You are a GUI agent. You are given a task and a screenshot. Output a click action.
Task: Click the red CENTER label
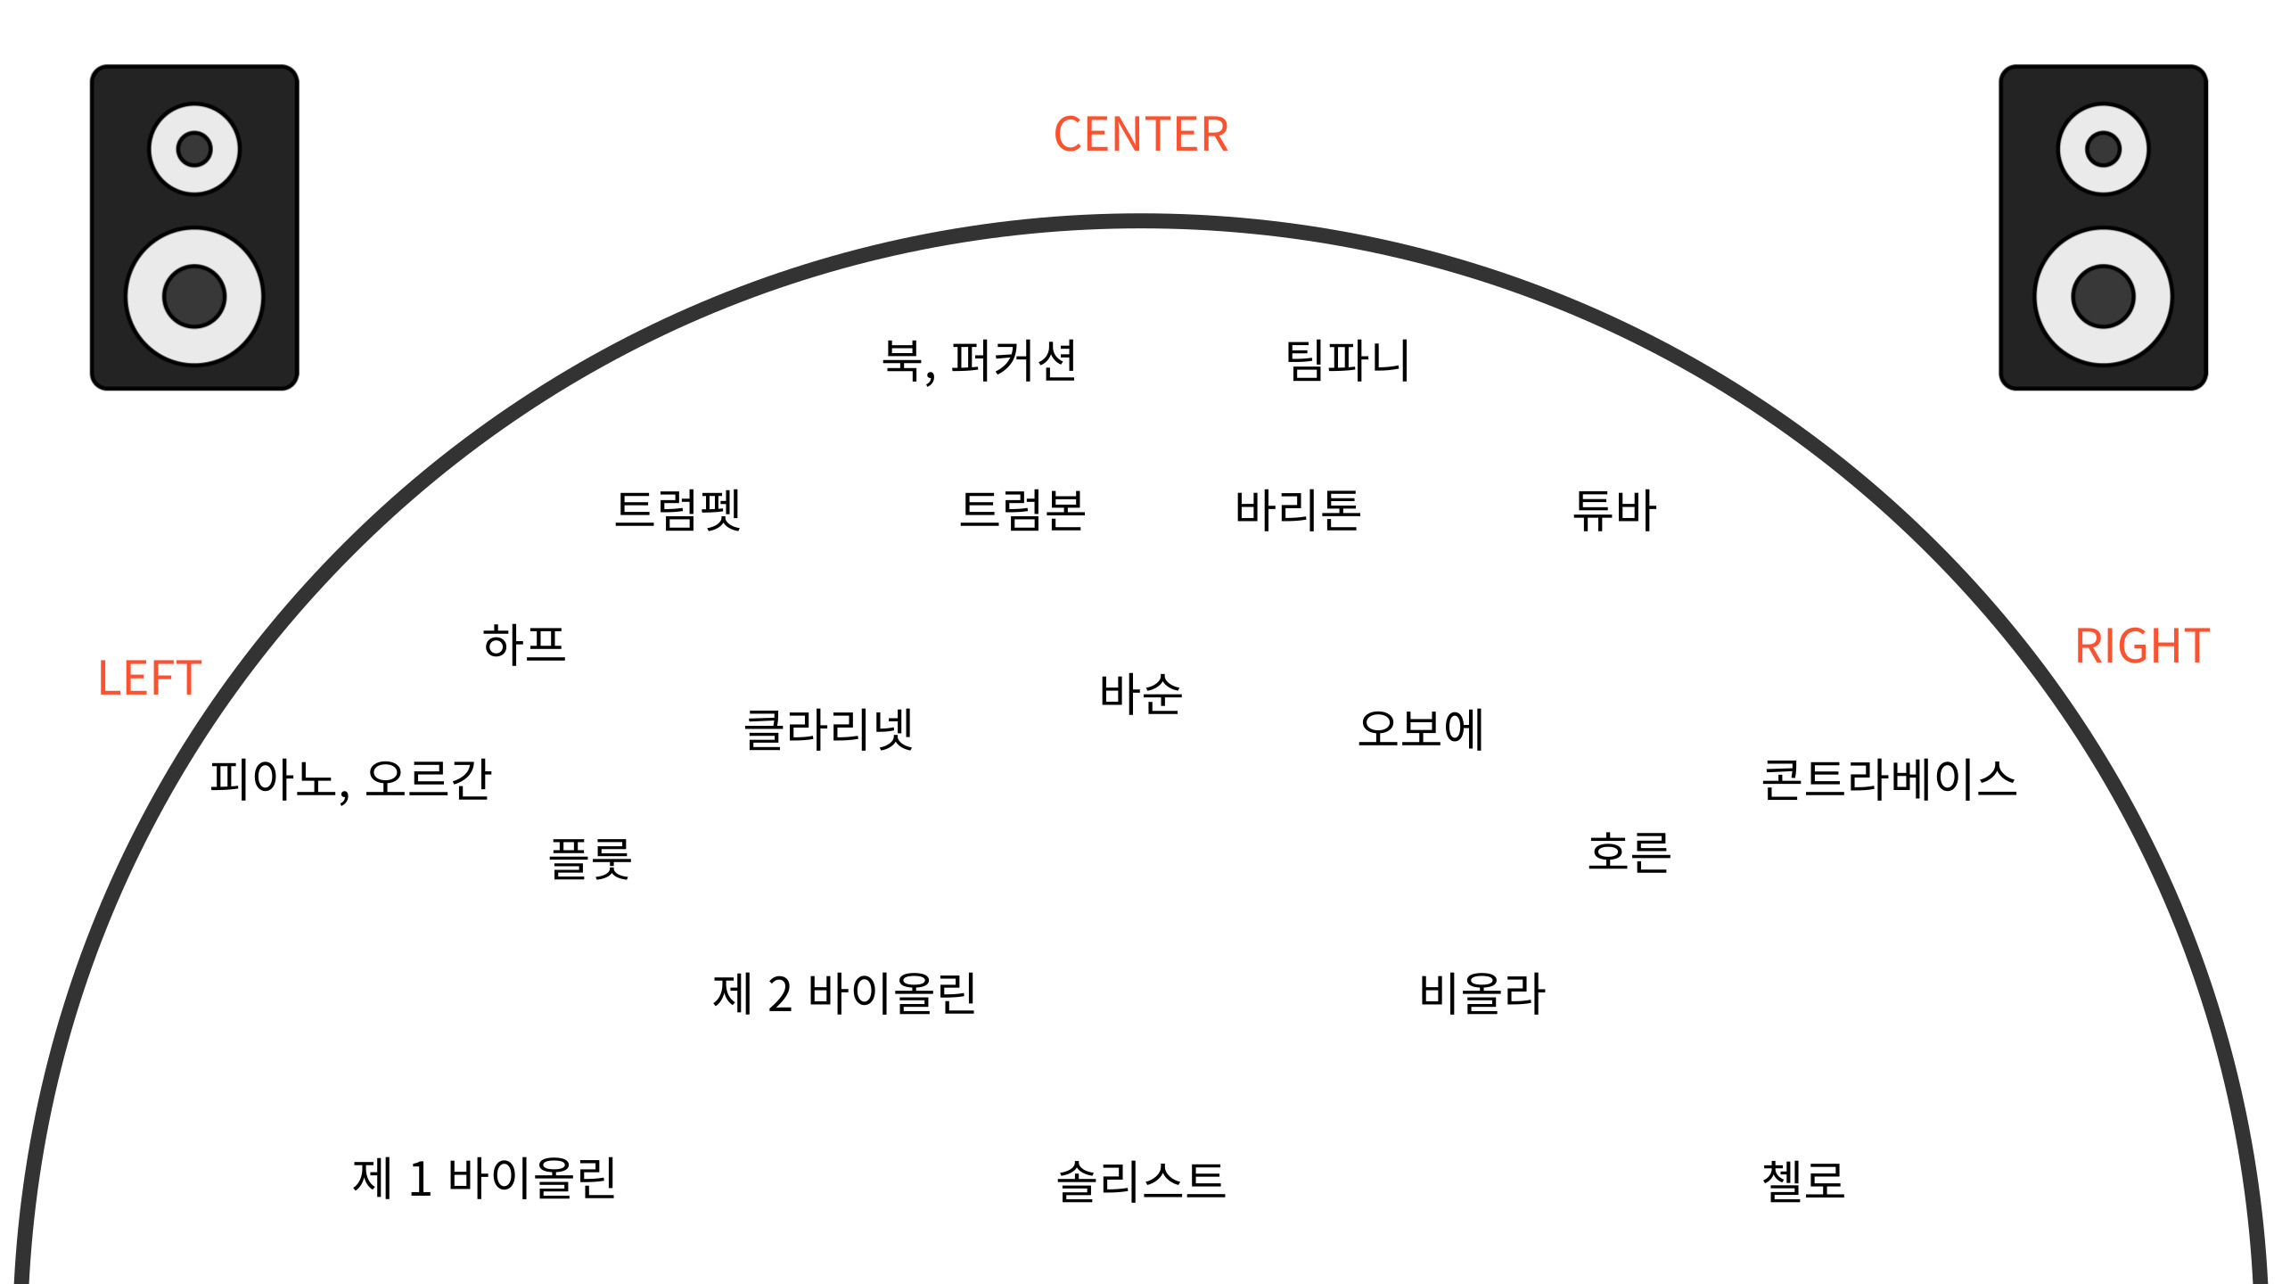[x=1141, y=135]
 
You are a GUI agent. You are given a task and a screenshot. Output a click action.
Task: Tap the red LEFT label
[x=150, y=679]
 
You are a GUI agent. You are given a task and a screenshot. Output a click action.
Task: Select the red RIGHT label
[x=2142, y=646]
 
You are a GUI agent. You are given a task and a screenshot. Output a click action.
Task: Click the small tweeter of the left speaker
[x=194, y=149]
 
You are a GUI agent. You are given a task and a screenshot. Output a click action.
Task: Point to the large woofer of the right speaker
[x=2103, y=296]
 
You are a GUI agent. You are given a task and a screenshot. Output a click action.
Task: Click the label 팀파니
[x=1347, y=361]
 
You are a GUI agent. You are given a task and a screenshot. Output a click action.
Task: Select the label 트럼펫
[x=678, y=510]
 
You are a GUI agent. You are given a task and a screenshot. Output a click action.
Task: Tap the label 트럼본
[x=1022, y=510]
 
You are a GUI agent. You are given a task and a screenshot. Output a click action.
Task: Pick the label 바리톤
[x=1298, y=510]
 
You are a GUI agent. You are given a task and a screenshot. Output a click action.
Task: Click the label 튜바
[x=1614, y=510]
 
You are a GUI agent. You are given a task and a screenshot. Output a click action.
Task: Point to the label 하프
[x=524, y=644]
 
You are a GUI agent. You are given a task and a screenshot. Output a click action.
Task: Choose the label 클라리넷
[x=829, y=729]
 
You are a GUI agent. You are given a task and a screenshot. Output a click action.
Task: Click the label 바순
[x=1141, y=694]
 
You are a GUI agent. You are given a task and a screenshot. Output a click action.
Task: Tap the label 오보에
[x=1421, y=729]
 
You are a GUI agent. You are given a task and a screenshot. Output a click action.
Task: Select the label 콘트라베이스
[x=1889, y=779]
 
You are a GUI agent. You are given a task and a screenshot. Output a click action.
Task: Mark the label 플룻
[x=590, y=859]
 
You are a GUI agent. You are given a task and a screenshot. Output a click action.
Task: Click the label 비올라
[x=1482, y=993]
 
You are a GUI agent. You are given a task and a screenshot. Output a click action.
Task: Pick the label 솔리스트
[x=1141, y=1181]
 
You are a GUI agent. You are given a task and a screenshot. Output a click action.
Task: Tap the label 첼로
[x=1803, y=1181]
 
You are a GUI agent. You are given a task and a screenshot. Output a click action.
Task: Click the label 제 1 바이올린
[x=484, y=1178]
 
